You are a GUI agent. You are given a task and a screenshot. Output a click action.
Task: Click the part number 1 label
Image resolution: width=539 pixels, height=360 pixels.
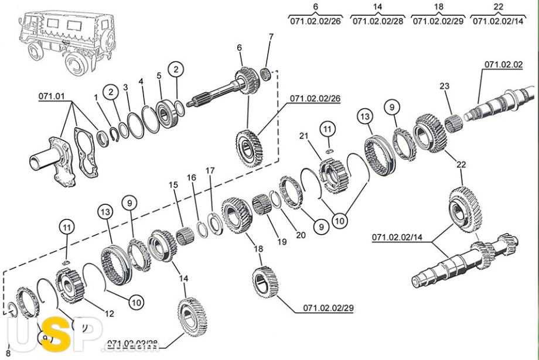point(96,97)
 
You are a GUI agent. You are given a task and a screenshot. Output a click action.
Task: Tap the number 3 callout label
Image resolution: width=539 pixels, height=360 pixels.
point(125,87)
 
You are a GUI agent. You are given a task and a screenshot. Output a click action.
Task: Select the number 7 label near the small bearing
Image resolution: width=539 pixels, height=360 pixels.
point(271,37)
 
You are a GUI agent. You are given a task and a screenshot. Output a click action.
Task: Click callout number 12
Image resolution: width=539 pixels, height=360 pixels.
point(109,314)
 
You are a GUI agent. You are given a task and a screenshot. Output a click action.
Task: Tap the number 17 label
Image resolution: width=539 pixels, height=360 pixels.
point(210,171)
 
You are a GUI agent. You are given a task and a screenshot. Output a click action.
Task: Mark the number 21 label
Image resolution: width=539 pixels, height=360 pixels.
point(303,136)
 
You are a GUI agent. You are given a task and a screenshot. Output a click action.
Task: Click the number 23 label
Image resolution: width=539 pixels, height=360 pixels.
point(445,86)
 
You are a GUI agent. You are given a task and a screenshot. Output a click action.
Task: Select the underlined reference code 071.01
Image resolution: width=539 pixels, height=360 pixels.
point(51,95)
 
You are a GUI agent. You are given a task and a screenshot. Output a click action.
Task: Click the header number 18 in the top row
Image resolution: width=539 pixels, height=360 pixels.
point(438,6)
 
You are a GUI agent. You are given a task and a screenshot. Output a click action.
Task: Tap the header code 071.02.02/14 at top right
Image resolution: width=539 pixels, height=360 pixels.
point(498,21)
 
